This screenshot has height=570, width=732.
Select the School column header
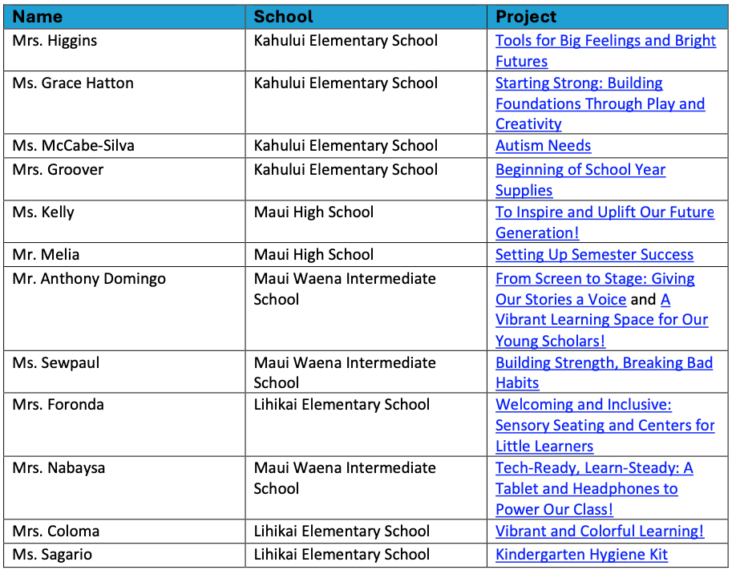click(x=283, y=17)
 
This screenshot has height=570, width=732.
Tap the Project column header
click(x=526, y=17)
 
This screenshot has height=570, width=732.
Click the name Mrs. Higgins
click(x=55, y=40)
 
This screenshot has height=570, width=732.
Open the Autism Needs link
click(x=543, y=146)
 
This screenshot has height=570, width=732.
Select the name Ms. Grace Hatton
click(x=73, y=83)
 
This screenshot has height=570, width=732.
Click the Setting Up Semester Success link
click(x=594, y=255)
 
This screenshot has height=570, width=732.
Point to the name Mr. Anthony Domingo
click(x=89, y=279)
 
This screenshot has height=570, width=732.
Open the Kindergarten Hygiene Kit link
click(x=581, y=555)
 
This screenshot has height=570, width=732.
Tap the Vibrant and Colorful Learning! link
click(x=600, y=532)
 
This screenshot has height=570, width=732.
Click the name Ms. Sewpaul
click(x=55, y=362)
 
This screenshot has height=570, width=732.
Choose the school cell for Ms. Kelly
click(x=313, y=212)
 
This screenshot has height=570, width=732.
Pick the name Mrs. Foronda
click(x=58, y=404)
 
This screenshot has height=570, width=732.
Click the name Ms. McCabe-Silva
click(x=73, y=146)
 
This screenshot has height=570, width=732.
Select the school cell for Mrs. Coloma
click(x=342, y=532)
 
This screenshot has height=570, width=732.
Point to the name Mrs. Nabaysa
click(x=59, y=467)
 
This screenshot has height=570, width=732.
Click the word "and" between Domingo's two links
click(x=643, y=300)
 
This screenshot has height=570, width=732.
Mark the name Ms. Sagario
click(x=52, y=555)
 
